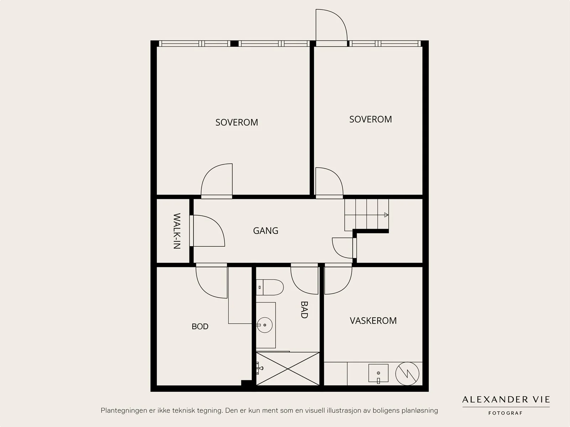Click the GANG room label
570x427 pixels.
coord(266,231)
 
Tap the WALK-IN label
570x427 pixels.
coord(177,231)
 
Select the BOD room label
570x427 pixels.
coord(200,326)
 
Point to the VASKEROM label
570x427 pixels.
coord(373,321)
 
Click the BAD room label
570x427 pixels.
coord(304,310)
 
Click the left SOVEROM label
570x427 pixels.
coord(237,122)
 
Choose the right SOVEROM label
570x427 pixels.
coord(370,119)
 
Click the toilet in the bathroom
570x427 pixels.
coord(270,287)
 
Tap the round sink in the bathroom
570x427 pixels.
coord(265,325)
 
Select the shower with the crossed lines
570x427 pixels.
coord(288,369)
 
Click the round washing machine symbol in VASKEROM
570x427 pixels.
coord(407,374)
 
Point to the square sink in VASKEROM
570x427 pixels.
coord(378,373)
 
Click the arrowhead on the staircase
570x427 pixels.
coord(386,215)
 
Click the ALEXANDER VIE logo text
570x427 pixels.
coord(506,400)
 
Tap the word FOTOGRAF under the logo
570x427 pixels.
coord(505,413)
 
